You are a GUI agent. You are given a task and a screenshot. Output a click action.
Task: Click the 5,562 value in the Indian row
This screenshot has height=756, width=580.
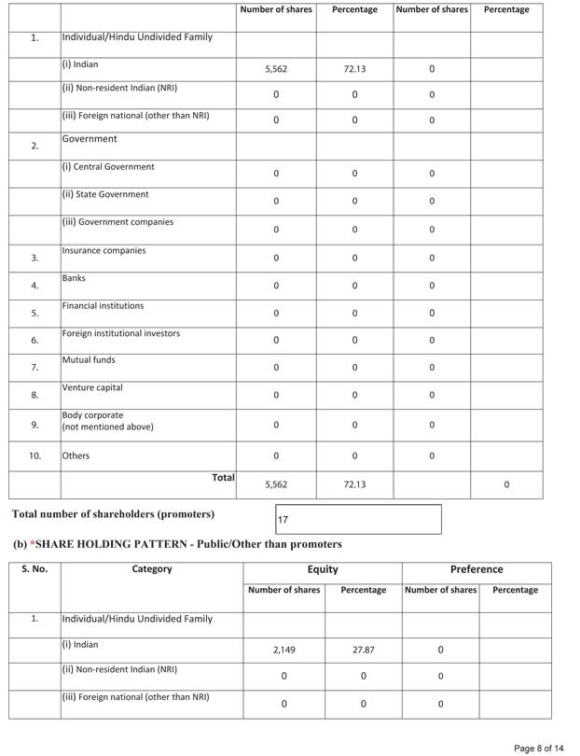pos(276,69)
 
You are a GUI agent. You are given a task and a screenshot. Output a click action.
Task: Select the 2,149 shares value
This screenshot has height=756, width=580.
pos(283,651)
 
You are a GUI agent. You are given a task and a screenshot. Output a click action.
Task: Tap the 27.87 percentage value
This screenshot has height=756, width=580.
pos(363,651)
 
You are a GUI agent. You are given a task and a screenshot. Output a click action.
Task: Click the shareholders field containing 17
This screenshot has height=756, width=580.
pos(358,519)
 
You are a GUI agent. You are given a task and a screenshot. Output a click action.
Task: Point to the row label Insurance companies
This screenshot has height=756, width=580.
pos(104,251)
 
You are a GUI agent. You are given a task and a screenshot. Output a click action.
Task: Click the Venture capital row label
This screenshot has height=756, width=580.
pos(92,387)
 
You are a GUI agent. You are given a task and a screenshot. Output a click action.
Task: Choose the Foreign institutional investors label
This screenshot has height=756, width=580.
pos(121,333)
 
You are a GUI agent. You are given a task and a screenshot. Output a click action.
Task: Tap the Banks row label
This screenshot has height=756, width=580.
pos(74,278)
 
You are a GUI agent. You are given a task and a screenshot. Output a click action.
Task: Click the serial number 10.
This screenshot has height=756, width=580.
pos(35,456)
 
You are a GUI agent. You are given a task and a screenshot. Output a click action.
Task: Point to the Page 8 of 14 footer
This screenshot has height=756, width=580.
pos(539,748)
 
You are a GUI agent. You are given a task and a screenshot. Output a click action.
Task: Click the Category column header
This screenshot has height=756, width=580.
pos(152,569)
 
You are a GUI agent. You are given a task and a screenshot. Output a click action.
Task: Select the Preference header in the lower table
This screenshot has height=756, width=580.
pos(476,569)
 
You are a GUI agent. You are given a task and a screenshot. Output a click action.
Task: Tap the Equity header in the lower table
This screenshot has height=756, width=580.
pos(323,569)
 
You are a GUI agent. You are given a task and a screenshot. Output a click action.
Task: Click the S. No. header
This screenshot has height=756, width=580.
pos(35,569)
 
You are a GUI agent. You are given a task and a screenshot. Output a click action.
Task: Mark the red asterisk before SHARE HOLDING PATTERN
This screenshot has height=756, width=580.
pos(33,543)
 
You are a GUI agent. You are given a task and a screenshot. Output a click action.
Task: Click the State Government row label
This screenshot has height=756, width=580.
pos(105,195)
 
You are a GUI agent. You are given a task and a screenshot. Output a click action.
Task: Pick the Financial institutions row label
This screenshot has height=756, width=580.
pos(103,305)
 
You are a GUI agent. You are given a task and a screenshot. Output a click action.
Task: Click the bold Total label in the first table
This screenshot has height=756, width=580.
pos(223,478)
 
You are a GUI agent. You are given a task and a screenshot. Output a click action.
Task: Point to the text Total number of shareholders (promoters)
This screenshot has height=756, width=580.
pos(113,514)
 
